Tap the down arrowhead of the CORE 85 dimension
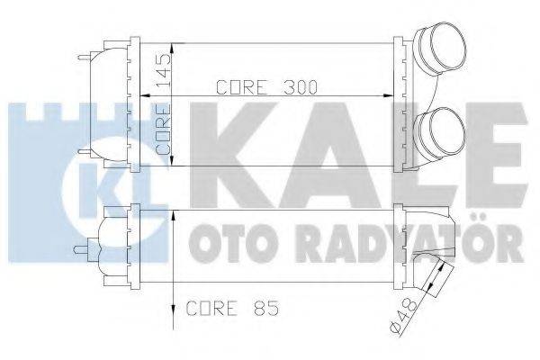point(171,319)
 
